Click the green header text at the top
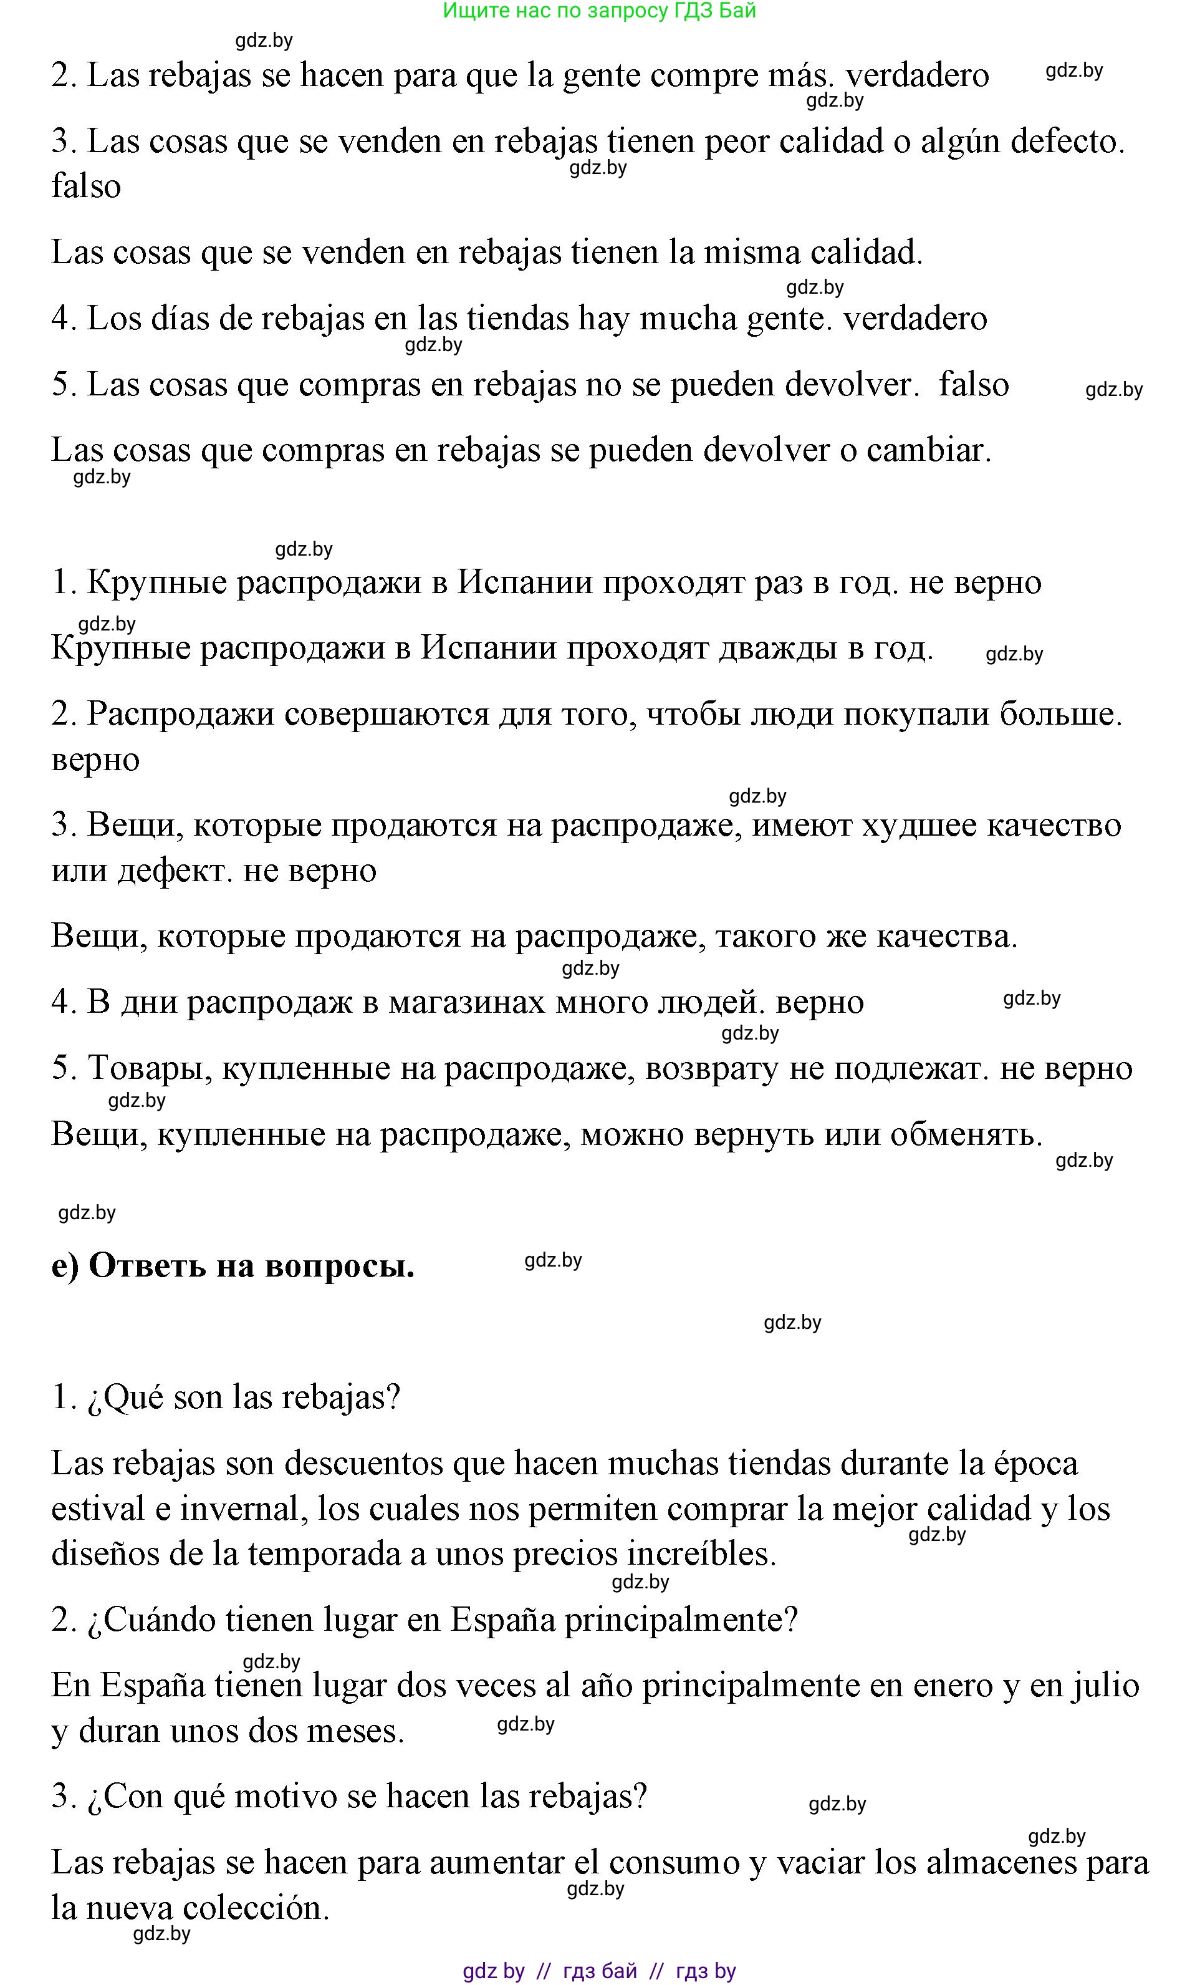point(599,11)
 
